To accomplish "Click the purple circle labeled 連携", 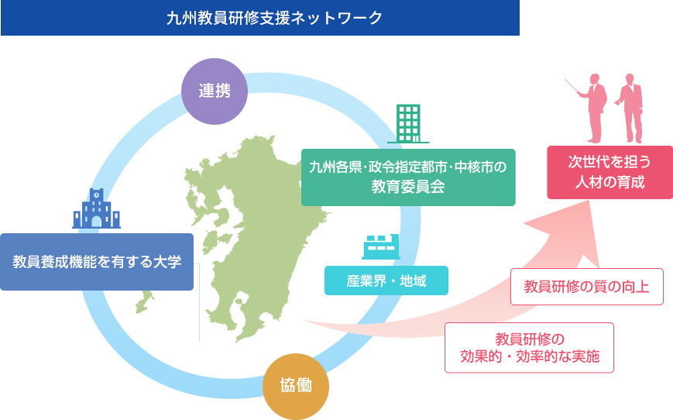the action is pos(215,91).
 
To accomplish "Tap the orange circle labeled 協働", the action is pos(296,386).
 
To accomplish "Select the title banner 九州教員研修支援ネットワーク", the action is pos(260,18).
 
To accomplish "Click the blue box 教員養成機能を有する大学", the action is pos(97,262).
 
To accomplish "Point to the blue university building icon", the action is pos(96,208).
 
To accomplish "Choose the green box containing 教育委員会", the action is pos(408,177).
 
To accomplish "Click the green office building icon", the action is pos(408,124).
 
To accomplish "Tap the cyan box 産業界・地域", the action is pos(386,281).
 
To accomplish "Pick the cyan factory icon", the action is pos(381,247).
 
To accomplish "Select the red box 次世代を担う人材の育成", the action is pos(610,172).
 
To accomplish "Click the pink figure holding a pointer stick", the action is pos(594,108).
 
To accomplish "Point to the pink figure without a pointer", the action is pos(630,108).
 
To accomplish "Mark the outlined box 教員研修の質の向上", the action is pos(587,287).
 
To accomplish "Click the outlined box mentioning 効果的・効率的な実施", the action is pos(529,347).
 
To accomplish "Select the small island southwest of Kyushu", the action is pos(144,302).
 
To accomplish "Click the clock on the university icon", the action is pos(97,195).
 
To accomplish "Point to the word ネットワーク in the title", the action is pos(336,18).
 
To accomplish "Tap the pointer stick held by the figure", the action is pos(572,86).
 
